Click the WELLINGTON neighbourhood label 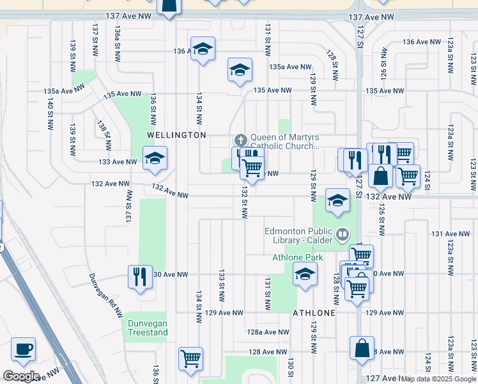tap(176, 135)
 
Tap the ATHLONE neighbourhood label tap(314, 313)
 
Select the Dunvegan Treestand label tap(148, 328)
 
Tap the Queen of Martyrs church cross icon tap(241, 139)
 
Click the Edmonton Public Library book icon tap(343, 235)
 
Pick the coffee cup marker tap(24, 349)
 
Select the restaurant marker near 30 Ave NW tap(140, 276)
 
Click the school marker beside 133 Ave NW tap(155, 158)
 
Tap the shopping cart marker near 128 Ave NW tap(190, 358)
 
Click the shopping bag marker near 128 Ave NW tap(362, 349)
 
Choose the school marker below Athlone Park tap(305, 275)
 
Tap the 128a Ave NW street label tap(268, 332)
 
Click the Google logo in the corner tap(21, 376)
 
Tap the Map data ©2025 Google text tap(438, 379)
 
